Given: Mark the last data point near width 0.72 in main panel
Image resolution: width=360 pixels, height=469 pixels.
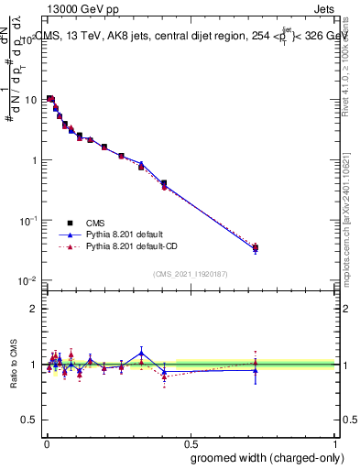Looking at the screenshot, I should point(256,247).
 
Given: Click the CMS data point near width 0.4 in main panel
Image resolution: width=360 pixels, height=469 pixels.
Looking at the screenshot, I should point(164,183).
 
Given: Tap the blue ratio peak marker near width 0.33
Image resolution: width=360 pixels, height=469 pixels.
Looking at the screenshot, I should point(141,352).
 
